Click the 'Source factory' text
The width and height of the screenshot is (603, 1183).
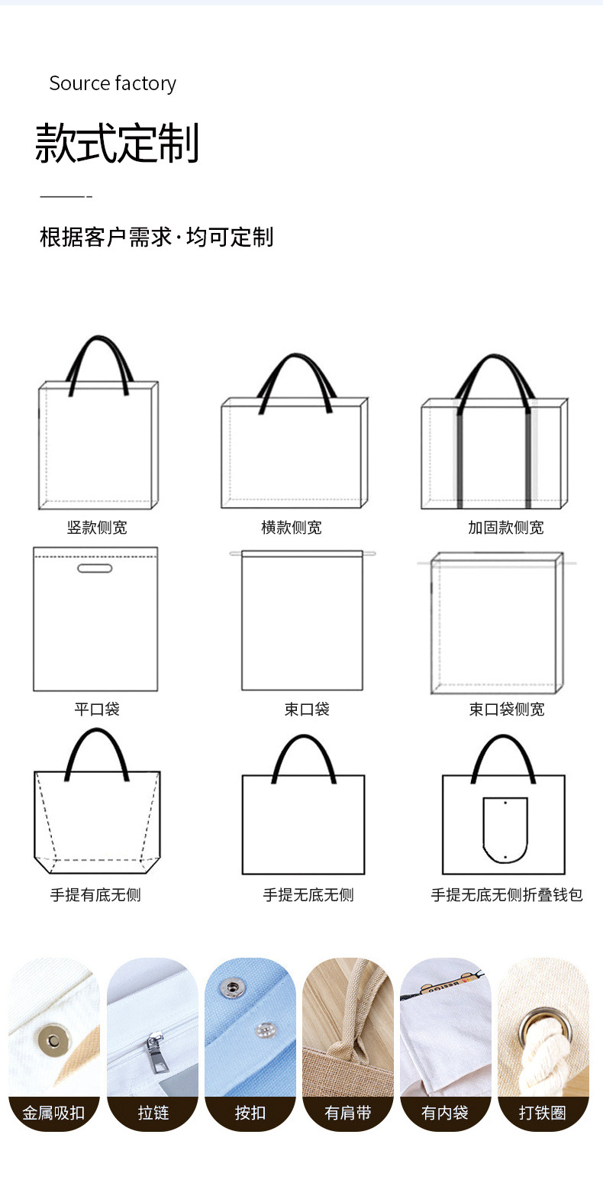[x=112, y=83]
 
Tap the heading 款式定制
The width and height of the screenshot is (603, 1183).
[x=117, y=143]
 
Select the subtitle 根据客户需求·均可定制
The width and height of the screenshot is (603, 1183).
[x=156, y=237]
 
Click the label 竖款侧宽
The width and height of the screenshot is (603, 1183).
[x=97, y=527]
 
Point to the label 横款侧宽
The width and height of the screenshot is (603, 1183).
[x=292, y=527]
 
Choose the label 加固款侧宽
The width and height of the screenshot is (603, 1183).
[x=506, y=527]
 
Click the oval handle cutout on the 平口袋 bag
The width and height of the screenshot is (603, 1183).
[x=95, y=567]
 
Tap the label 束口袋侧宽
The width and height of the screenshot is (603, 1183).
[x=507, y=709]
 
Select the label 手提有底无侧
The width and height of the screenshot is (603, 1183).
[x=95, y=895]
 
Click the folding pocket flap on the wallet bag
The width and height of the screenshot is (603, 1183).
[x=505, y=829]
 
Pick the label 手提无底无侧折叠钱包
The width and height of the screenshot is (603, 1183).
[x=507, y=895]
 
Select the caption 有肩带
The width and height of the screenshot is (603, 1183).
[x=348, y=1113]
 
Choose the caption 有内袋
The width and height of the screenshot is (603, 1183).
[x=445, y=1113]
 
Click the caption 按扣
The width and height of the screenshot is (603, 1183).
[x=250, y=1113]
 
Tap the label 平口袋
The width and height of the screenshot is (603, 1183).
[x=97, y=709]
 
